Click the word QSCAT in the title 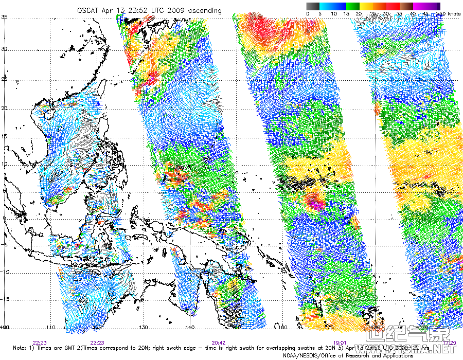tap(88, 10)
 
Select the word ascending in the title tap(205, 10)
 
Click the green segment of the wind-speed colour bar tap(353, 6)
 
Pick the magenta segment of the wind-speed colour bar tap(420, 6)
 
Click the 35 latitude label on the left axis tap(4, 17)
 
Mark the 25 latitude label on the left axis tap(4, 79)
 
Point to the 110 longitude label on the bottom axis tap(51, 327)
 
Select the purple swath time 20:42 tap(219, 342)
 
